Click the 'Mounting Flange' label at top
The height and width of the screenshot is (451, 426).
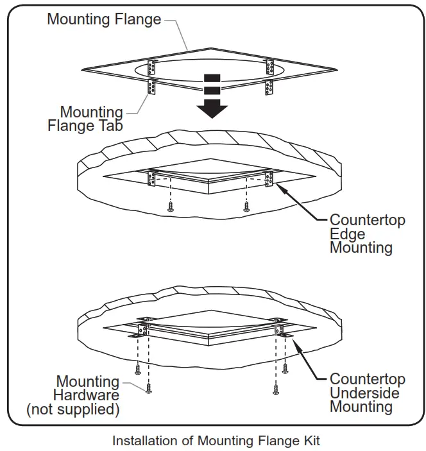(x=104, y=19)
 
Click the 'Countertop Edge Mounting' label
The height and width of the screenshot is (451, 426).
(x=367, y=234)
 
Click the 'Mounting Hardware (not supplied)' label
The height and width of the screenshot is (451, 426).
(x=72, y=395)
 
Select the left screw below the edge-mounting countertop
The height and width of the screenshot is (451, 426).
(x=171, y=207)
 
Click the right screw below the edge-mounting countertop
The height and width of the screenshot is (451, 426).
(x=246, y=206)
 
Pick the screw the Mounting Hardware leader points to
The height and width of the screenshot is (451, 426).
(x=149, y=388)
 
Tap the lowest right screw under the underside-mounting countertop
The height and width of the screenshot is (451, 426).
(x=277, y=388)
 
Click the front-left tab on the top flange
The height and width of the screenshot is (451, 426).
(x=153, y=87)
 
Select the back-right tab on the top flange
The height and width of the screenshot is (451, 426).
(x=269, y=67)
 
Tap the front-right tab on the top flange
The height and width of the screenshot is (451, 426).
(x=269, y=87)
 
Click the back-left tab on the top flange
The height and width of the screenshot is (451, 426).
(x=153, y=67)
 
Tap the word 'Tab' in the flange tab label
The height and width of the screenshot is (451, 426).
(x=110, y=126)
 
